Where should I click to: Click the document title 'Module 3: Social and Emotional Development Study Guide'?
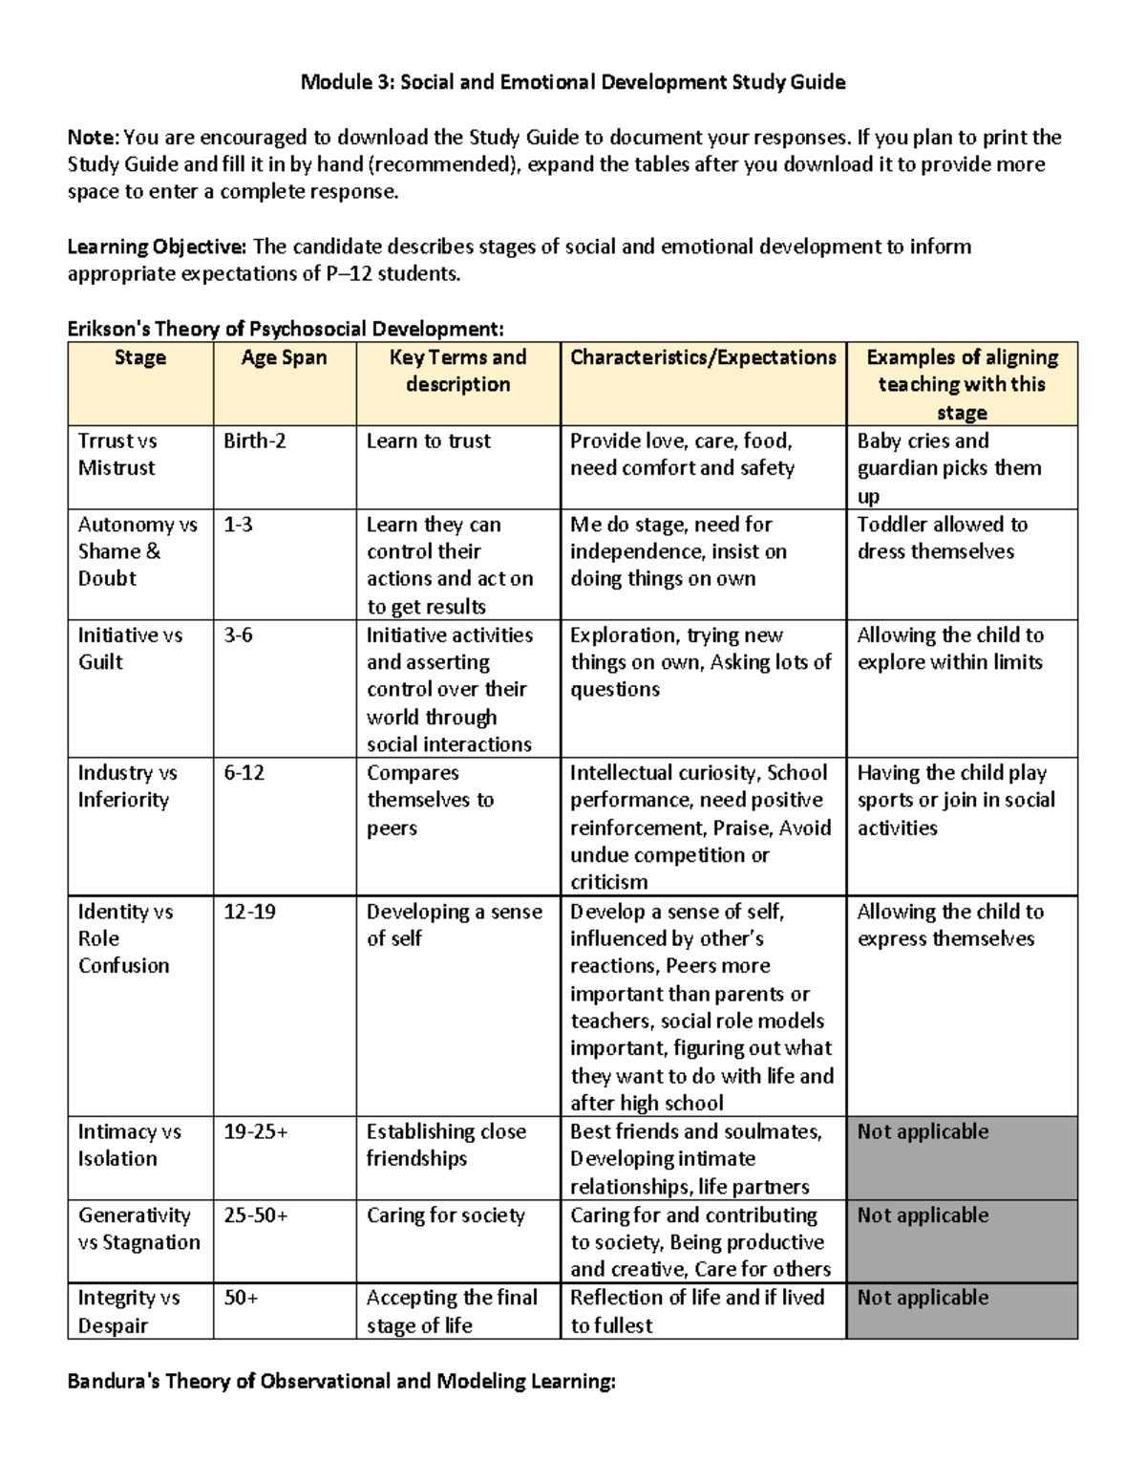click(x=572, y=82)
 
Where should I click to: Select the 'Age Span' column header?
click(x=284, y=357)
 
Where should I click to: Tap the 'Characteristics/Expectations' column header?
click(x=703, y=357)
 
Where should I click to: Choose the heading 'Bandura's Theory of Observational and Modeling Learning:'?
click(x=342, y=1382)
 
